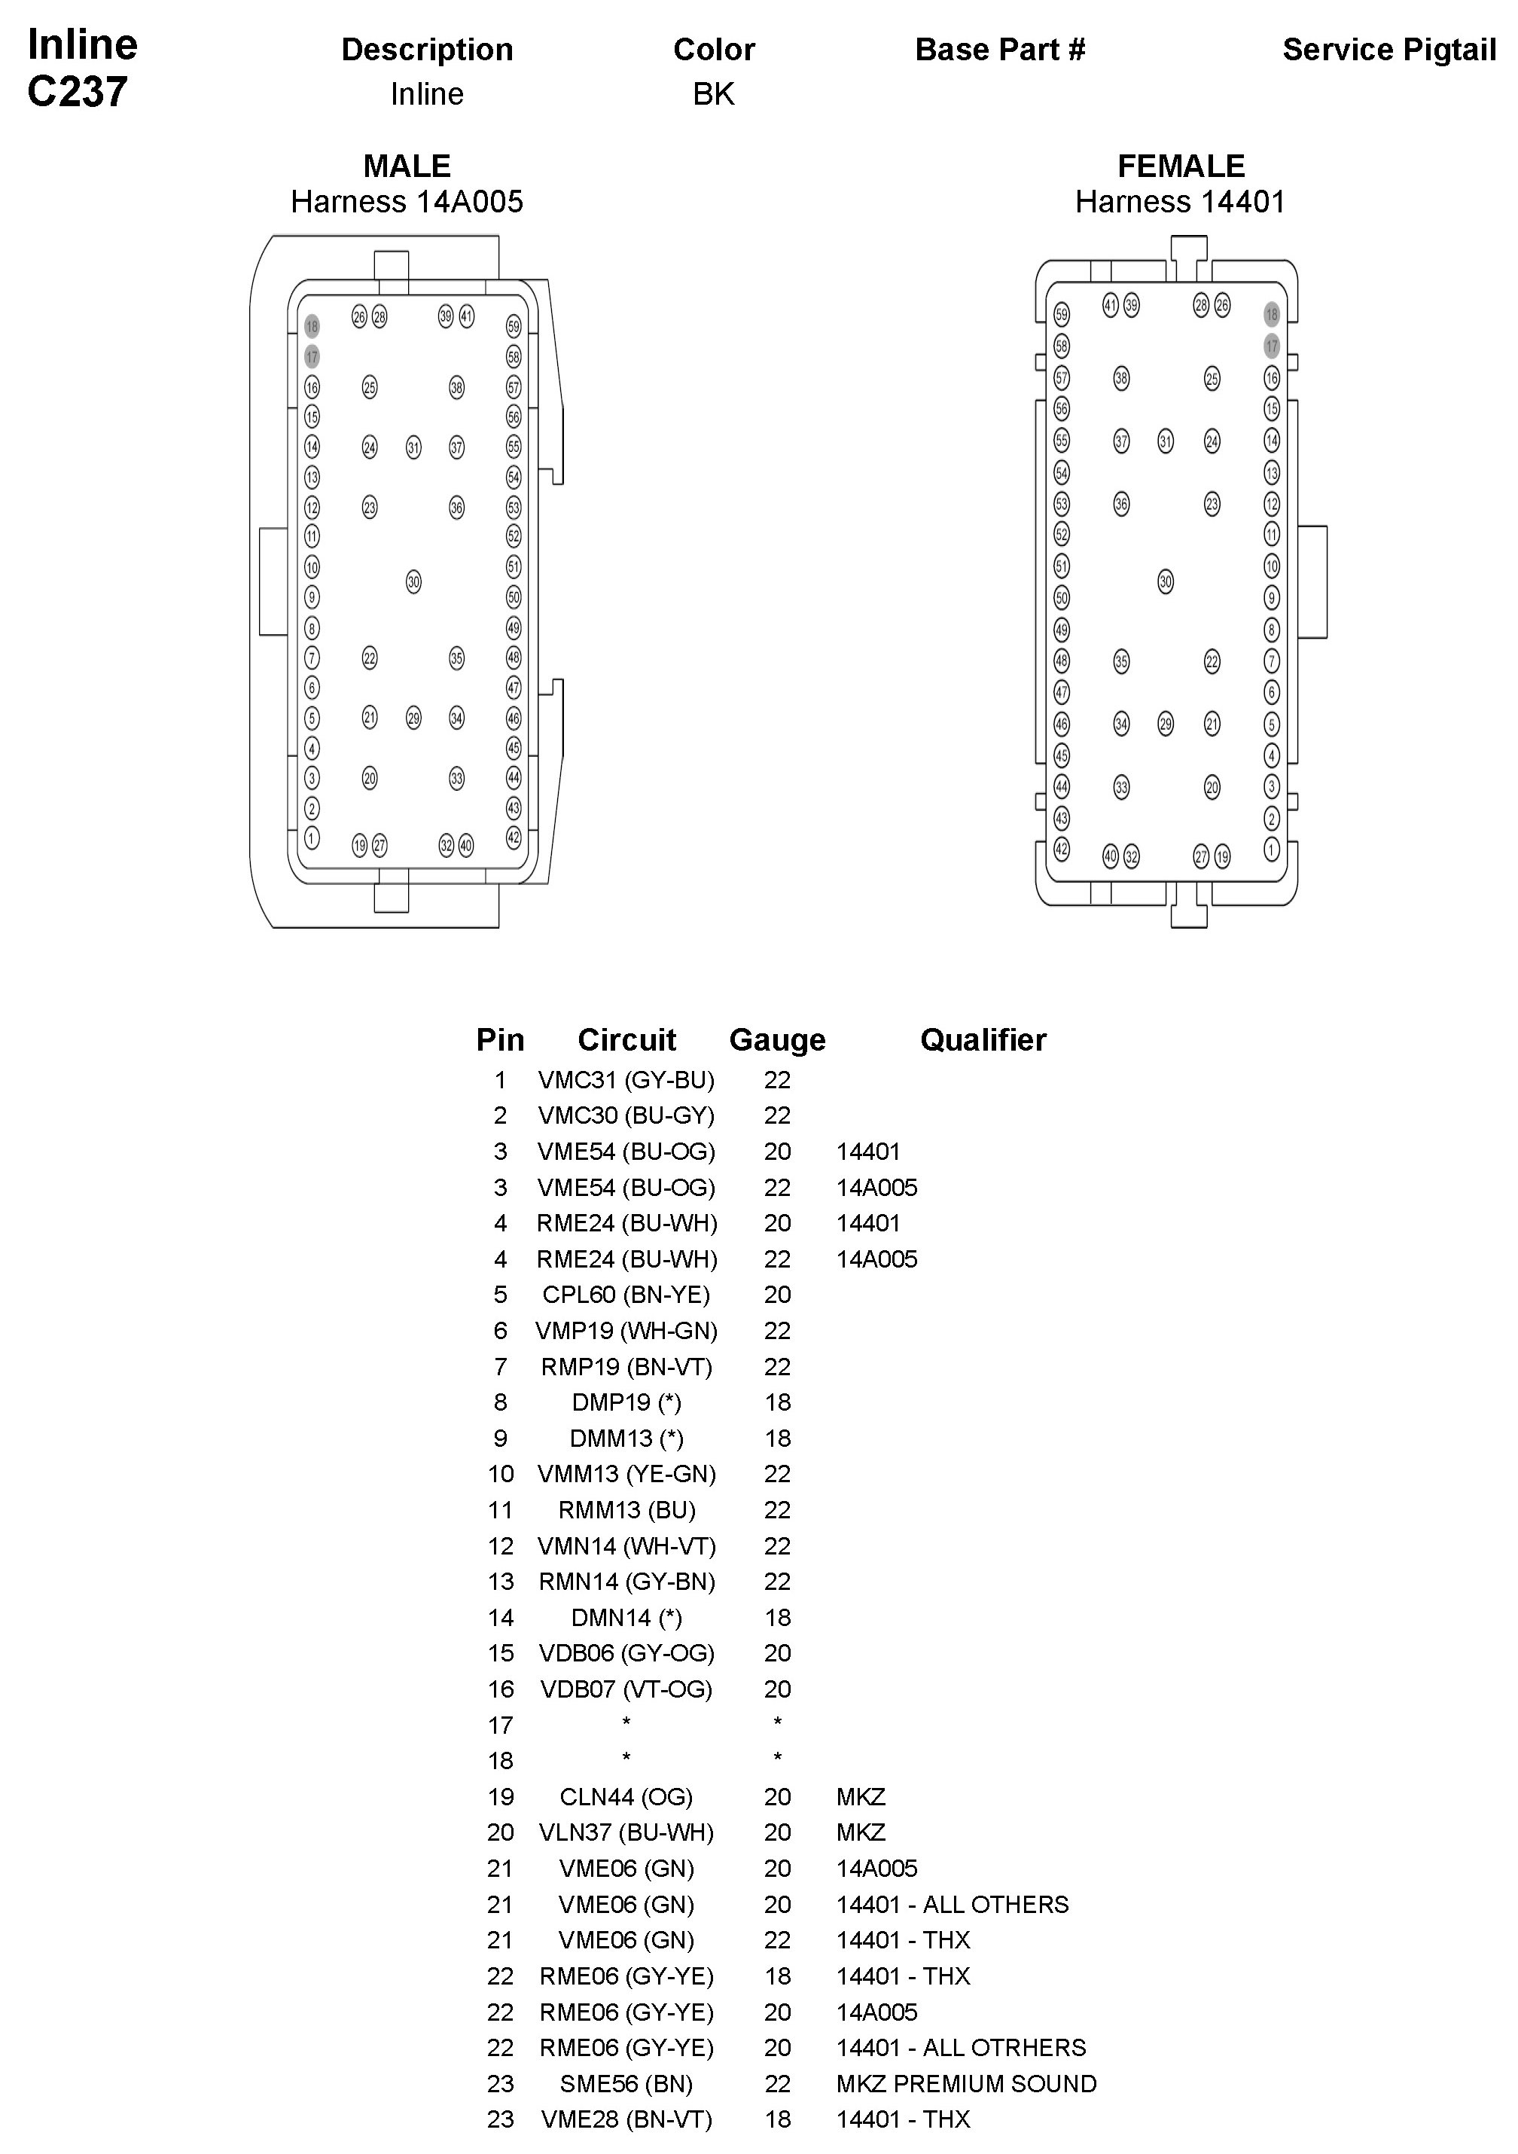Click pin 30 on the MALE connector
pyautogui.click(x=413, y=581)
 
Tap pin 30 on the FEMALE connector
pyautogui.click(x=1166, y=581)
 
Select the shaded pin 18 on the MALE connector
pyautogui.click(x=312, y=326)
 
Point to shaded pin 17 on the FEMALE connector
pyautogui.click(x=1271, y=346)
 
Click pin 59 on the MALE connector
pyautogui.click(x=514, y=326)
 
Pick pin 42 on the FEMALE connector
pyautogui.click(x=1061, y=849)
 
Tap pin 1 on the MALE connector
pyautogui.click(x=312, y=837)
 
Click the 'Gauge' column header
pyautogui.click(x=777, y=1039)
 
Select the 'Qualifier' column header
pyautogui.click(x=983, y=1039)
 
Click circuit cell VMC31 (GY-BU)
pyautogui.click(x=626, y=1080)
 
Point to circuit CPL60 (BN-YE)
pyautogui.click(x=626, y=1295)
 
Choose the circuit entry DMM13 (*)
pyautogui.click(x=626, y=1439)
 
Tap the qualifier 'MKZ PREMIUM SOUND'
pyautogui.click(x=965, y=2084)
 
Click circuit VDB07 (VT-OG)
pyautogui.click(x=626, y=1689)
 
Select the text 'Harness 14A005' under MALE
pyautogui.click(x=407, y=202)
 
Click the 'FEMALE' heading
pyautogui.click(x=1180, y=166)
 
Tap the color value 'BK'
pyautogui.click(x=713, y=94)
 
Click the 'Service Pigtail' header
pyautogui.click(x=1388, y=50)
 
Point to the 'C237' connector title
pyautogui.click(x=77, y=92)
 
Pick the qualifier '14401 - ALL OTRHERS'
pyautogui.click(x=961, y=2047)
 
